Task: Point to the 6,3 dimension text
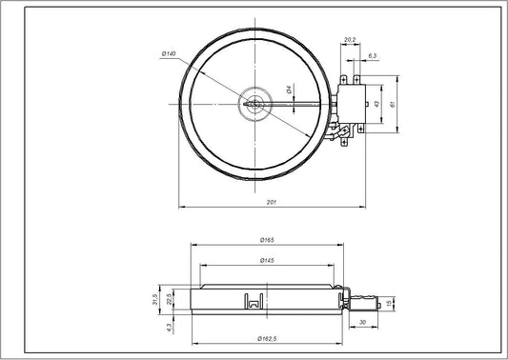coord(371,56)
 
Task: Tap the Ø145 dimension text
coord(269,261)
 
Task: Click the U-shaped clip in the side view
coord(254,301)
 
